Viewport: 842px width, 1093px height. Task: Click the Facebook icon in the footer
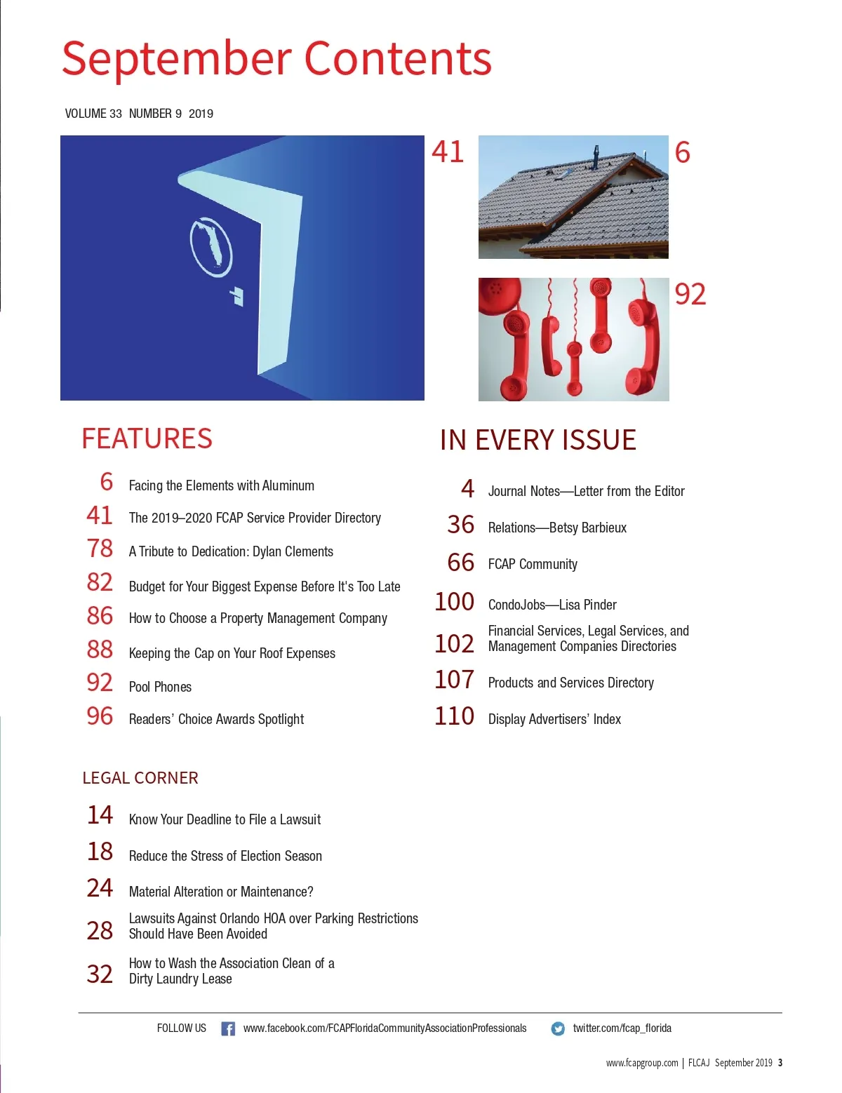(x=228, y=1028)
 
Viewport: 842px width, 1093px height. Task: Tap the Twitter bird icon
(x=558, y=1029)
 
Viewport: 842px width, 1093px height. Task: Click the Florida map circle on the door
(x=210, y=244)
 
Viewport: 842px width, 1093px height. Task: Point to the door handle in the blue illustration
(x=237, y=296)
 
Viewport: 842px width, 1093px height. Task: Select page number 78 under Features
(x=100, y=548)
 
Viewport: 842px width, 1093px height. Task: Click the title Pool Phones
(x=160, y=687)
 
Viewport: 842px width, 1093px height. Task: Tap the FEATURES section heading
(x=147, y=439)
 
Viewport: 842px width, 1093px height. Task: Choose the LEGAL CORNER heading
(x=140, y=778)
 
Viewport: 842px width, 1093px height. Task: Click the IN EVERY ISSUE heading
(x=537, y=441)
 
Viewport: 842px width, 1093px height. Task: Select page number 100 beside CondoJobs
(x=454, y=602)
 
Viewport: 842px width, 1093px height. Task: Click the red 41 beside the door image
(x=448, y=152)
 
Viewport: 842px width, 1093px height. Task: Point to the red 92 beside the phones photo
(x=690, y=295)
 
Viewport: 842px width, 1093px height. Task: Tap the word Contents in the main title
(x=398, y=59)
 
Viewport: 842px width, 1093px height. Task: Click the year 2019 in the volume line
(x=201, y=114)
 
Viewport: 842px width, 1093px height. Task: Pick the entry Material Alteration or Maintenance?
(x=221, y=892)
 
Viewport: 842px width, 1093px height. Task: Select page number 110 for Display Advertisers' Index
(x=454, y=716)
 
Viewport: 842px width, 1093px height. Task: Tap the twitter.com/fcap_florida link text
(x=622, y=1028)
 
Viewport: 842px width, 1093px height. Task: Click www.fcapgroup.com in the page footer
(x=642, y=1063)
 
